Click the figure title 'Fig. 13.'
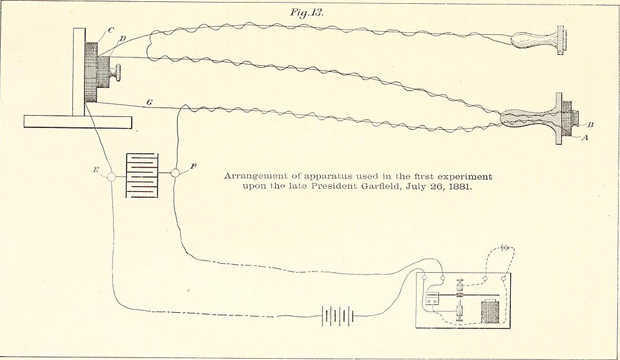tap(307, 12)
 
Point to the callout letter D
tap(122, 39)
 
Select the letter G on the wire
tap(149, 103)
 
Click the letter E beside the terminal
tap(96, 170)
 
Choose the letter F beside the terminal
tap(193, 166)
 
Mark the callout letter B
tap(590, 125)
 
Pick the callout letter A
tap(584, 138)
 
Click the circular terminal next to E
tap(112, 177)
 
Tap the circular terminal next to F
tap(175, 173)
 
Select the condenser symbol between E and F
tap(142, 175)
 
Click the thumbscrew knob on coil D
tap(116, 72)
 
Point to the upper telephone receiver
tap(539, 40)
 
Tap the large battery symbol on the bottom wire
tap(337, 315)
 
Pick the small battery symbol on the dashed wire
tap(504, 248)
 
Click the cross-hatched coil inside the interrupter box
tap(490, 312)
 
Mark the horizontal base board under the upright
tap(77, 122)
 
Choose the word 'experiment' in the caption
tap(467, 176)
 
